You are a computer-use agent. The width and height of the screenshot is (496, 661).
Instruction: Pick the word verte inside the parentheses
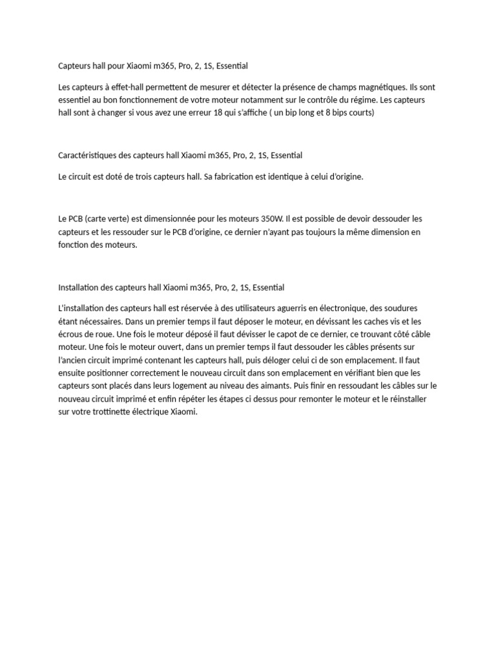coord(119,219)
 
